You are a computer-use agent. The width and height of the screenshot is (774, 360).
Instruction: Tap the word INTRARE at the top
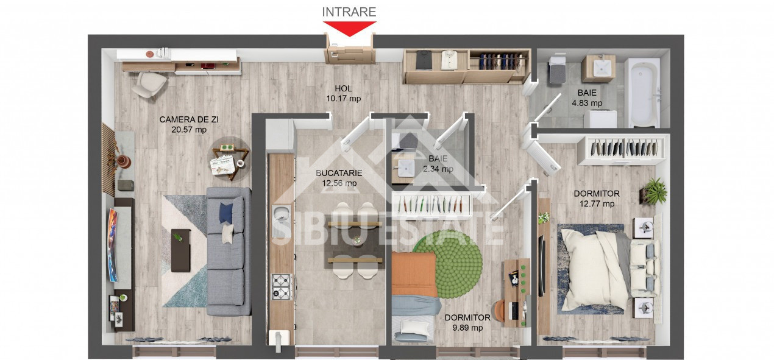click(349, 12)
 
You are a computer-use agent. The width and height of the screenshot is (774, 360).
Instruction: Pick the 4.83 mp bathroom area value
click(586, 104)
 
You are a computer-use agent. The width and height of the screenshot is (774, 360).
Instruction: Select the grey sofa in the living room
click(229, 250)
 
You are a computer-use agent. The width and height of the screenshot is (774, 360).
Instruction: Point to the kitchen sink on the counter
click(281, 214)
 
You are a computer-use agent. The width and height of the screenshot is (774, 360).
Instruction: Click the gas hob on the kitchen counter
click(281, 286)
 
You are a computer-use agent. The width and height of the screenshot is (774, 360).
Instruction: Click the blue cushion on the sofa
click(226, 212)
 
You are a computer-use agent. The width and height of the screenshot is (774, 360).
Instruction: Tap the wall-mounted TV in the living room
click(113, 244)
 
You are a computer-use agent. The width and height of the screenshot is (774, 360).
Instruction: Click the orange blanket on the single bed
click(414, 274)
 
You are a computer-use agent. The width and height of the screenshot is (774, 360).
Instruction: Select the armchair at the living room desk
click(148, 84)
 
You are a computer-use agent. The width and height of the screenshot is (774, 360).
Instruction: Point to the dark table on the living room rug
click(180, 250)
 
